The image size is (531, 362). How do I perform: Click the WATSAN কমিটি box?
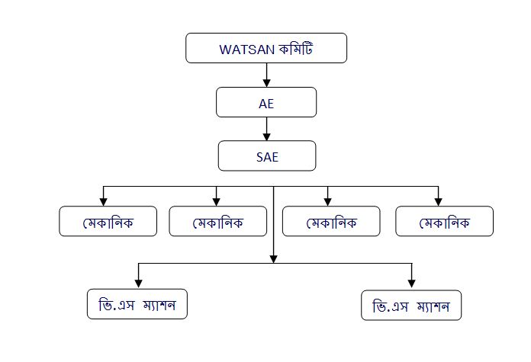click(266, 49)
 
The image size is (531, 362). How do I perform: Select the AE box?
click(265, 102)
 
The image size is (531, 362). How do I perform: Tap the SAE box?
click(265, 155)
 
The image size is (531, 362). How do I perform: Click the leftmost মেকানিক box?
click(108, 222)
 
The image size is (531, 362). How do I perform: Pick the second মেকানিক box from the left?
click(217, 222)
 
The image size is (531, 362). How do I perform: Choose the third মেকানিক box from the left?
click(331, 222)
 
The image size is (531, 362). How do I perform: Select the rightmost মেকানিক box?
click(444, 222)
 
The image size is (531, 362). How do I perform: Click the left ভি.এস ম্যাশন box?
click(137, 305)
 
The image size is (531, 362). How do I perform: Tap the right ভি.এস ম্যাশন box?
click(411, 307)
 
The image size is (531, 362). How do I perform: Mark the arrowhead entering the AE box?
click(266, 83)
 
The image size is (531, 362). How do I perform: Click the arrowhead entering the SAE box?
click(266, 136)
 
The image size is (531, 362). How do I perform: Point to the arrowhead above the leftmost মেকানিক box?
click(104, 202)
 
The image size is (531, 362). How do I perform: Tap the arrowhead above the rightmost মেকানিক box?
click(439, 202)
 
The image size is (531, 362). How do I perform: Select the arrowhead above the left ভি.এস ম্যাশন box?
click(137, 284)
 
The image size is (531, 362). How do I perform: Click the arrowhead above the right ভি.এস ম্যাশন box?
click(412, 284)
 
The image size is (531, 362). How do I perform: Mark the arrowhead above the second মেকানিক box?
click(217, 202)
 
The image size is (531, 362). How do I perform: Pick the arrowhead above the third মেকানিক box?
click(328, 202)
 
